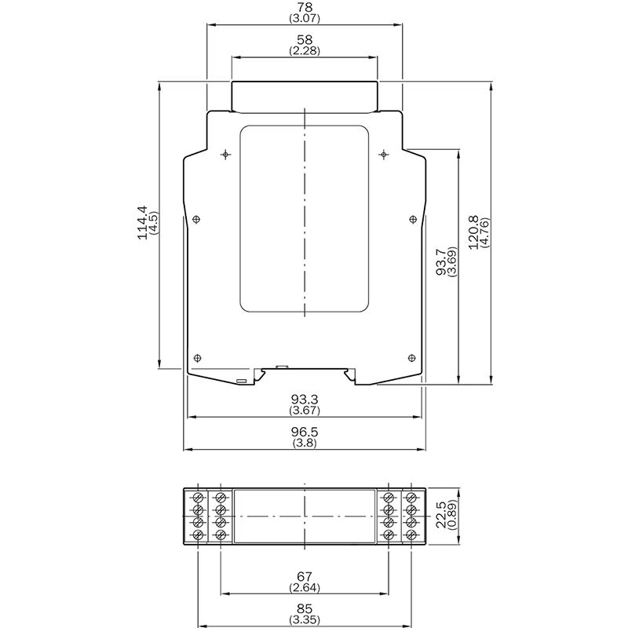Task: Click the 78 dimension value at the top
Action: (305, 7)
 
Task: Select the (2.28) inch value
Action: (305, 51)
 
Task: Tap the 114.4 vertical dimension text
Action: (143, 223)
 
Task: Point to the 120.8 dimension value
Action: (473, 232)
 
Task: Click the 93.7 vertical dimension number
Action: (441, 261)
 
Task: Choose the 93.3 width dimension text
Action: (305, 400)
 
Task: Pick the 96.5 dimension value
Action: (305, 432)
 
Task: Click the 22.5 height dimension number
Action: (441, 515)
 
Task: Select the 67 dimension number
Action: (305, 576)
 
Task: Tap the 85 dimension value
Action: (305, 609)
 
